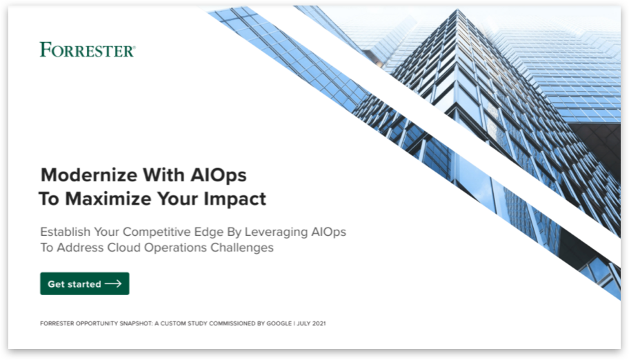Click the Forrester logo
[x=88, y=50]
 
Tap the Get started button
[x=85, y=283]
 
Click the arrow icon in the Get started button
[x=113, y=283]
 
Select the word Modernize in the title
[x=89, y=175]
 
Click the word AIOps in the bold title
[x=218, y=176]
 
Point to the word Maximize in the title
[x=108, y=199]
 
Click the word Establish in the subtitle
[x=66, y=232]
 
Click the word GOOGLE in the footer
[x=279, y=323]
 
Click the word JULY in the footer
[x=303, y=323]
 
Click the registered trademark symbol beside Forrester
[x=134, y=48]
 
